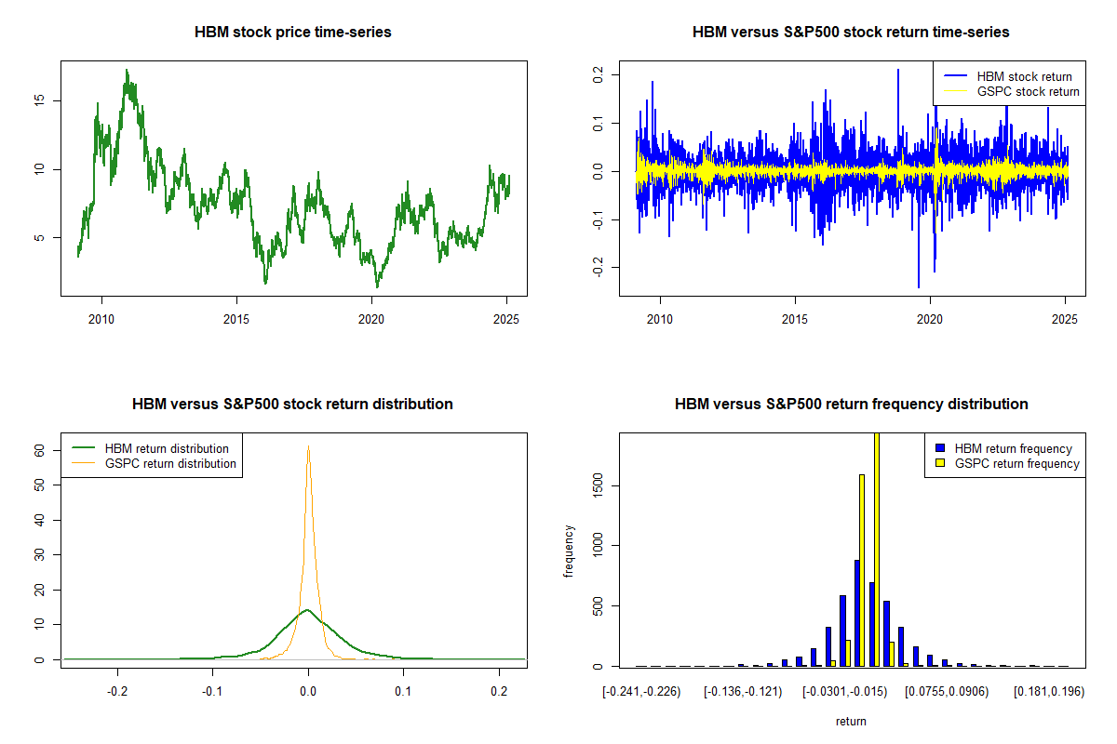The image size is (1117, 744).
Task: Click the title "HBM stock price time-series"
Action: pyautogui.click(x=293, y=32)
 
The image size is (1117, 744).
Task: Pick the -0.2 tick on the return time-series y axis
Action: pyautogui.click(x=599, y=268)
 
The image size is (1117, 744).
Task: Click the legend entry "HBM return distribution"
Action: pyautogui.click(x=167, y=448)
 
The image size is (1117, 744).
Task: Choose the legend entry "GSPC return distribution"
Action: pyautogui.click(x=170, y=463)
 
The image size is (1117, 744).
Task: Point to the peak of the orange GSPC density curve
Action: pyautogui.click(x=308, y=446)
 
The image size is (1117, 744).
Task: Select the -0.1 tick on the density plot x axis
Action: pyautogui.click(x=213, y=692)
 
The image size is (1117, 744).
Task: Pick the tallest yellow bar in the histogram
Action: pyautogui.click(x=876, y=549)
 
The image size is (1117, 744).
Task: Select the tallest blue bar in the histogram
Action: pyautogui.click(x=857, y=613)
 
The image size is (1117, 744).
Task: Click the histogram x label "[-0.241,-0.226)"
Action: pyautogui.click(x=642, y=692)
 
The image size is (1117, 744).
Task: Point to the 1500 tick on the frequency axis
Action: pyautogui.click(x=599, y=485)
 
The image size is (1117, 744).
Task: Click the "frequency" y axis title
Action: pyautogui.click(x=571, y=551)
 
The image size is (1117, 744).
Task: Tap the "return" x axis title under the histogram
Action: pyautogui.click(x=851, y=721)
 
